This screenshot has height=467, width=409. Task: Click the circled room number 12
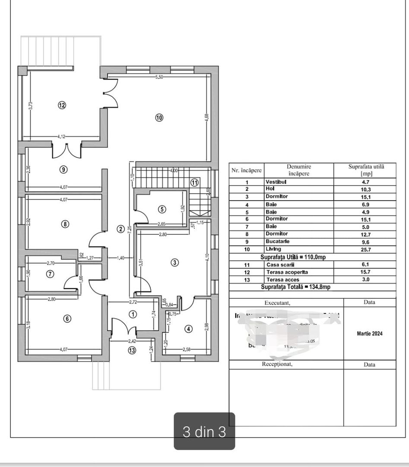pyautogui.click(x=62, y=105)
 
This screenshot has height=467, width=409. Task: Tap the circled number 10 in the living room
pyautogui.click(x=159, y=118)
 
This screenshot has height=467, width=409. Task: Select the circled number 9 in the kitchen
pyautogui.click(x=63, y=170)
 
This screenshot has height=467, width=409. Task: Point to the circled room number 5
pyautogui.click(x=162, y=209)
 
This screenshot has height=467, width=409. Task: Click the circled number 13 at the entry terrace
pyautogui.click(x=132, y=350)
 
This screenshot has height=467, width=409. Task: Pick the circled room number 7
pyautogui.click(x=51, y=274)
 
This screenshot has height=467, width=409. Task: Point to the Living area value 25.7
pyautogui.click(x=365, y=249)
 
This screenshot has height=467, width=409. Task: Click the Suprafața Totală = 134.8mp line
pyautogui.click(x=295, y=287)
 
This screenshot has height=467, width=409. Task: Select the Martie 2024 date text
pyautogui.click(x=369, y=333)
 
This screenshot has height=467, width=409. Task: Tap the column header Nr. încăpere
pyautogui.click(x=247, y=170)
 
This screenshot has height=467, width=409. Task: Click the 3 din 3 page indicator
pyautogui.click(x=204, y=432)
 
